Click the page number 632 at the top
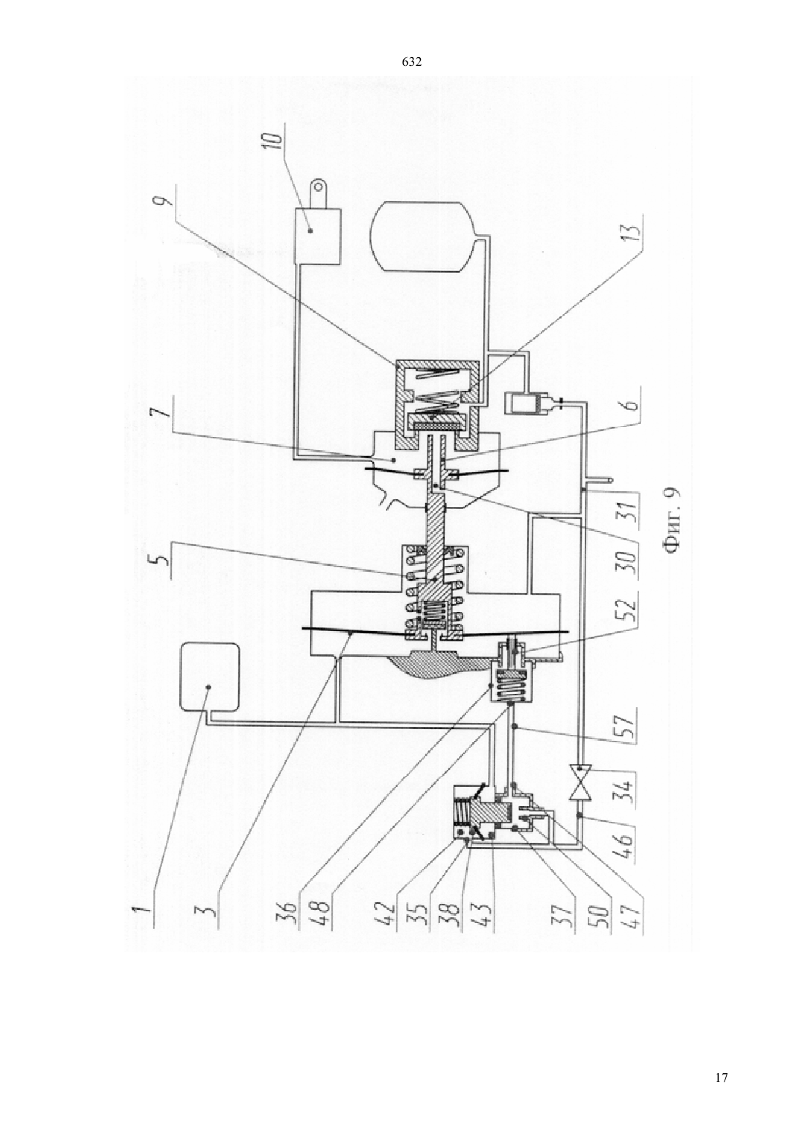[411, 62]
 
